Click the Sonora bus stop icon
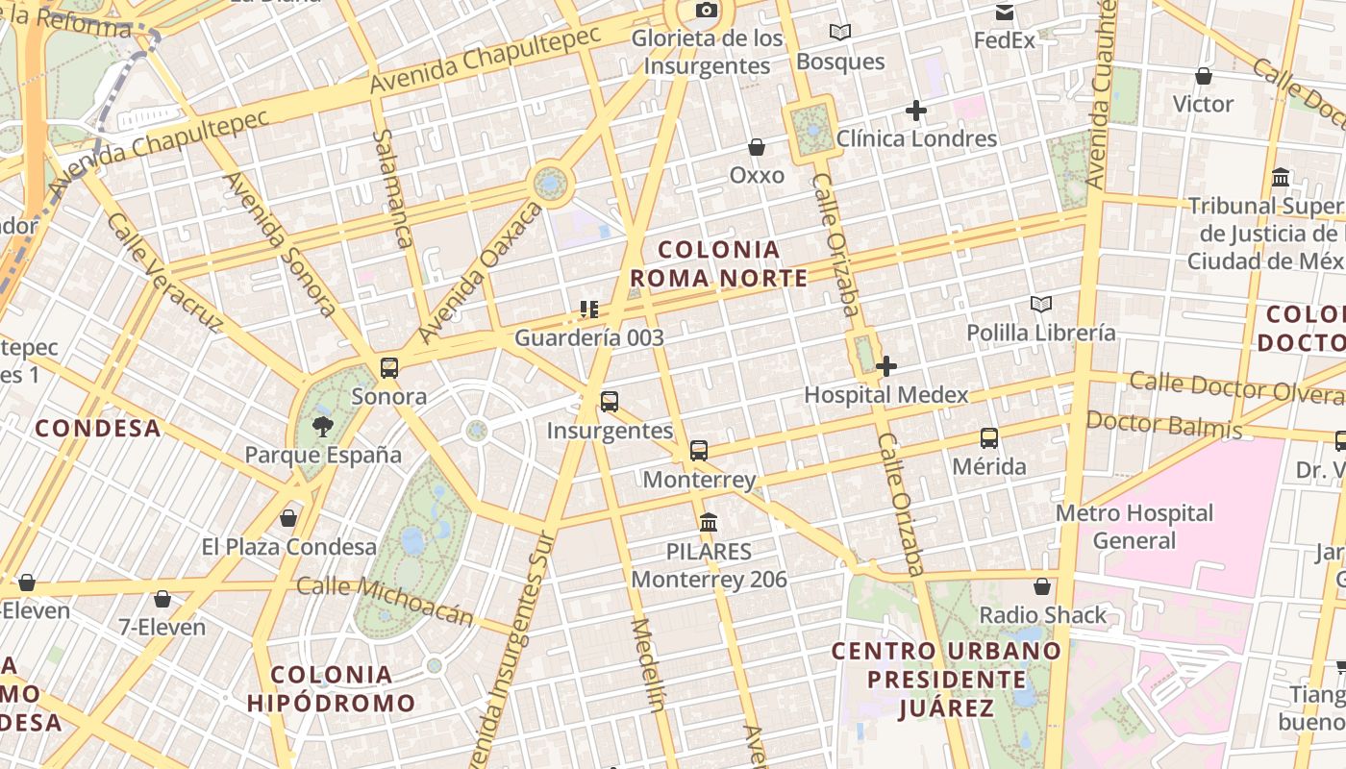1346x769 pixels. (x=389, y=367)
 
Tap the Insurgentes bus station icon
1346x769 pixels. (x=610, y=402)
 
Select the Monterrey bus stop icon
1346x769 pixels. (x=699, y=450)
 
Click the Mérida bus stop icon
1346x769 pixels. (x=989, y=438)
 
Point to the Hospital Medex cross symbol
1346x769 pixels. (x=886, y=366)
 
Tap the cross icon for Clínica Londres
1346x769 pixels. (x=916, y=111)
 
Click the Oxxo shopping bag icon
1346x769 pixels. (x=757, y=147)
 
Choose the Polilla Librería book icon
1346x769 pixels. (x=1041, y=305)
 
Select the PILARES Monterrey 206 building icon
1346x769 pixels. (x=709, y=523)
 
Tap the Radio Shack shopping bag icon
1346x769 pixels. (x=1042, y=586)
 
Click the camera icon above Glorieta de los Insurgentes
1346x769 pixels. (x=707, y=11)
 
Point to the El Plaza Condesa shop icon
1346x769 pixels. (x=287, y=519)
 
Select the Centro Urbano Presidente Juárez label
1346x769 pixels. (x=946, y=680)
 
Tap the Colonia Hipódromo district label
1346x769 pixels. (x=331, y=688)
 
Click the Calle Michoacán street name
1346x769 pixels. (x=386, y=599)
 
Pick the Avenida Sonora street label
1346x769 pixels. (x=280, y=244)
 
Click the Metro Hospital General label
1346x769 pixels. (x=1134, y=527)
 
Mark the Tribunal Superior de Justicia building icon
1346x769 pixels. (x=1281, y=178)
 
